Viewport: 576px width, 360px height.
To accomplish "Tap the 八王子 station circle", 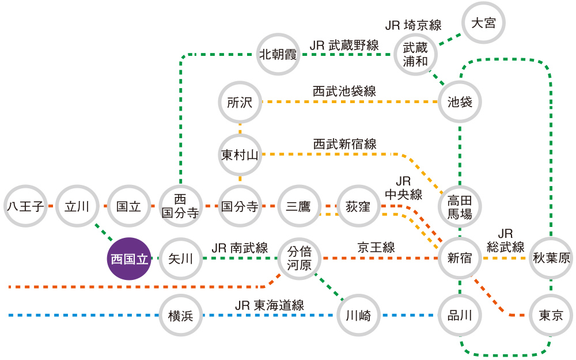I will pos(25,206).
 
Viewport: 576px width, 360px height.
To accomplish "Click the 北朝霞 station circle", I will pos(278,54).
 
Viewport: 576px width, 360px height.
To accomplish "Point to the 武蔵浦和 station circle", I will pos(415,54).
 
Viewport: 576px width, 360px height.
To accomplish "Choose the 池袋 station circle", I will pos(460,103).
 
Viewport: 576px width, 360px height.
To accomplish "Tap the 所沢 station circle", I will pos(240,103).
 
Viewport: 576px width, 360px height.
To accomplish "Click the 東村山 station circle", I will pos(240,154).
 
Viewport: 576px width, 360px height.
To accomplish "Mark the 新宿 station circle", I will pos(460,259).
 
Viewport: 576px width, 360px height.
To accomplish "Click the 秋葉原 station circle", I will pos(551,259).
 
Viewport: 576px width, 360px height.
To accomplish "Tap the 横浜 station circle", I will pos(181,315).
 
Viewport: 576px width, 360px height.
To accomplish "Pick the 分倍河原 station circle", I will pos(299,259).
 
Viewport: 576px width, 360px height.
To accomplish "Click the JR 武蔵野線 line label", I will pos(344,46).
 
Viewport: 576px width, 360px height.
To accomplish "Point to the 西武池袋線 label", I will pos(344,92).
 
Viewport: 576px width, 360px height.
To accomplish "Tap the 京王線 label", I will pos(376,248).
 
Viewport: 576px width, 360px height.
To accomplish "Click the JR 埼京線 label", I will pos(413,26).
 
